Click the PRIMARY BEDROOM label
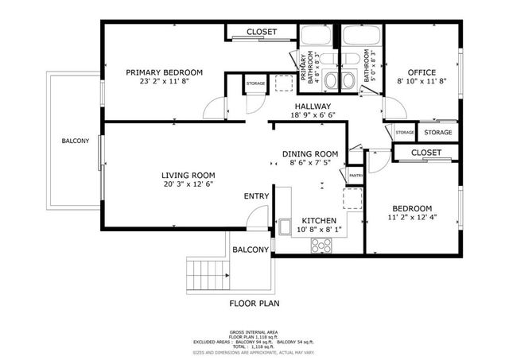click(165, 72)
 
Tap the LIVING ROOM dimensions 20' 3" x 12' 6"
click(188, 184)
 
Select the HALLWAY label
click(313, 106)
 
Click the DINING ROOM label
click(310, 154)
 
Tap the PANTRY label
click(356, 176)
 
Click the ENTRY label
click(256, 196)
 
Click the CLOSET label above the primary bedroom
click(262, 32)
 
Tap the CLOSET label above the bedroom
click(426, 152)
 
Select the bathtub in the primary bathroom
click(317, 36)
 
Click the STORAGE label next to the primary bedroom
click(255, 83)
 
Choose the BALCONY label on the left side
click(76, 141)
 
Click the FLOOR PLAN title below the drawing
click(254, 303)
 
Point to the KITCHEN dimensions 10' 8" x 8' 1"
click(319, 230)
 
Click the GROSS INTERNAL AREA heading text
click(254, 331)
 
